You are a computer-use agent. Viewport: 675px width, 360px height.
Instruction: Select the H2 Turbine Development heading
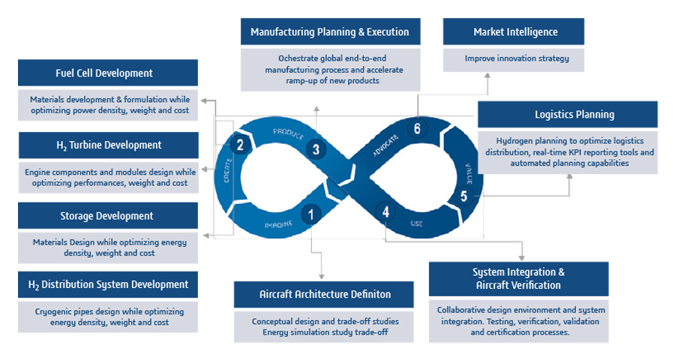pos(108,145)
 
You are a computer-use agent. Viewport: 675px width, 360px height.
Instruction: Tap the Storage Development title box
pos(108,216)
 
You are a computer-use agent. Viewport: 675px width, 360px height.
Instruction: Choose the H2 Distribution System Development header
pos(108,284)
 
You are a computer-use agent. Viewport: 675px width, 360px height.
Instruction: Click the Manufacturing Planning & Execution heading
pos(330,31)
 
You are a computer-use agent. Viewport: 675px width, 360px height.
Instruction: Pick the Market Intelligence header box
pos(514,31)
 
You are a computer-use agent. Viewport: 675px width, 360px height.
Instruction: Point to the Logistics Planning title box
pos(568,115)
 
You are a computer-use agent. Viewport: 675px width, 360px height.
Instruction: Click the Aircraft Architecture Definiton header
pos(324,294)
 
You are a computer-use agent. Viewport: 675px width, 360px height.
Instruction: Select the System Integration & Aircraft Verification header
pos(517,278)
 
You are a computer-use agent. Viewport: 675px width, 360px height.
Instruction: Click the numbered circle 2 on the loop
pos(239,145)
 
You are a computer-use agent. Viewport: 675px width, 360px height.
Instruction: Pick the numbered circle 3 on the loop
pos(316,148)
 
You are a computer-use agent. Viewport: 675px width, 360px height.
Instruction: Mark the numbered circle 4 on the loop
pos(385,211)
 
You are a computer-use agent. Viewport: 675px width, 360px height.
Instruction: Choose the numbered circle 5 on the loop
pos(463,196)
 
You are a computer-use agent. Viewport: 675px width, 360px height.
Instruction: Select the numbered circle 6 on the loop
pos(418,128)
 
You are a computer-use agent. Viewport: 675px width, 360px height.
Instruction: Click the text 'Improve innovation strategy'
pos(517,58)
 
